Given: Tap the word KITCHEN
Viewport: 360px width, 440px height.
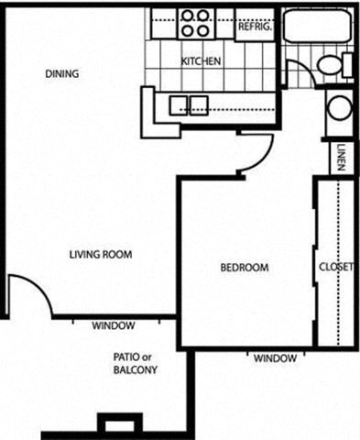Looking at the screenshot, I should click(x=201, y=61).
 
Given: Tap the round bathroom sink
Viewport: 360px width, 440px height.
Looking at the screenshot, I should click(x=339, y=109).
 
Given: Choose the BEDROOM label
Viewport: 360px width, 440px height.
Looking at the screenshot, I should click(x=245, y=268).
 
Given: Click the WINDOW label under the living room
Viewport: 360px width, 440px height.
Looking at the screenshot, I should click(x=115, y=326).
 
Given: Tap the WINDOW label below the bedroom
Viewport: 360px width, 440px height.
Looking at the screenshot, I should click(x=276, y=357).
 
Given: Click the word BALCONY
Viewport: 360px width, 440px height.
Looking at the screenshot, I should click(x=136, y=370).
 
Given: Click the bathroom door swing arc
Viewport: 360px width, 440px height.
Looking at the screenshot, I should click(x=300, y=72).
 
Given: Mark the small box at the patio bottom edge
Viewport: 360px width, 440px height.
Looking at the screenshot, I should click(x=115, y=423).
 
